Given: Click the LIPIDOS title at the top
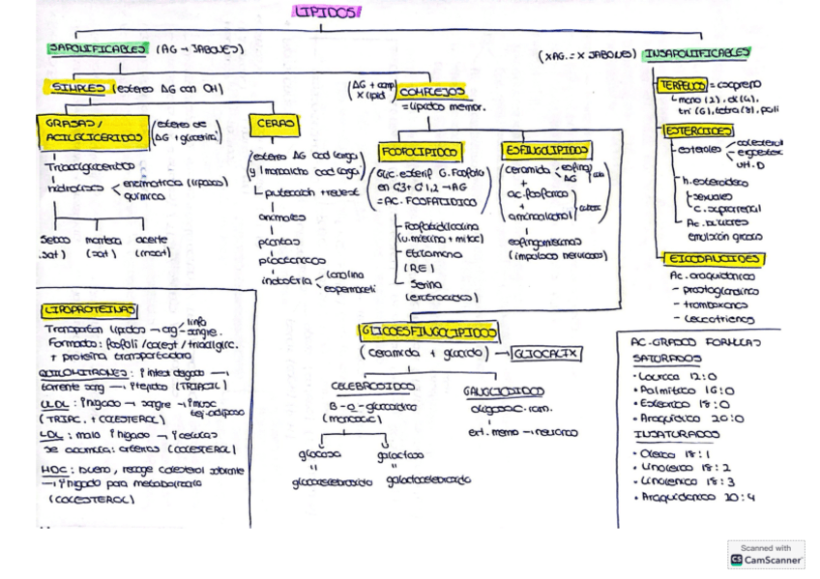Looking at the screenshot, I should point(328,13).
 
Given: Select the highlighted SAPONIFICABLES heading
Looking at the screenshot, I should point(98,48).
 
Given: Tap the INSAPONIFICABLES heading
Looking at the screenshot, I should point(699,53).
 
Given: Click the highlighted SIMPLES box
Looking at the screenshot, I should point(76,88).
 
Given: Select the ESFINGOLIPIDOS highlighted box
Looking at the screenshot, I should point(546,151).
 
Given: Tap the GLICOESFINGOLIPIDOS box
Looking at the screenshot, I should point(429,332).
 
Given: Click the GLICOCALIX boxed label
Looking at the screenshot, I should point(548,354).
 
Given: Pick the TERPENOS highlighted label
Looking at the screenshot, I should point(685,84).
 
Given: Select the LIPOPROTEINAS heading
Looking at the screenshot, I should point(89,311).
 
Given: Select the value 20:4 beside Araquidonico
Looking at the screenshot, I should point(740,497).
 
